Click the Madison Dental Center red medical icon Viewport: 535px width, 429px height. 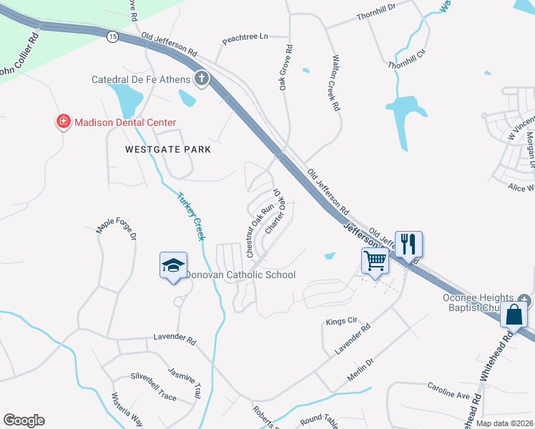[x=64, y=122]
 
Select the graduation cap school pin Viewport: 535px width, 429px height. [x=173, y=265]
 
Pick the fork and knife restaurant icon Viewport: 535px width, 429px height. [x=408, y=244]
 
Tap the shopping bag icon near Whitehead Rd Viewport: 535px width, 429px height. [x=514, y=313]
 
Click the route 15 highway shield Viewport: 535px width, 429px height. [x=112, y=36]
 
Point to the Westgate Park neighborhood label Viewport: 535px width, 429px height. [x=168, y=149]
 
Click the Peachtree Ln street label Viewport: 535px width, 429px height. [x=244, y=36]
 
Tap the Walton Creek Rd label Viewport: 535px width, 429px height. [x=335, y=84]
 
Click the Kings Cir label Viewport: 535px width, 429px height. [x=340, y=322]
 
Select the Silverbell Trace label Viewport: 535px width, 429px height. [x=153, y=376]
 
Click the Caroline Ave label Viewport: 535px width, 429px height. [x=449, y=394]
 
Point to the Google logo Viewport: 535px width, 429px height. [x=24, y=420]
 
